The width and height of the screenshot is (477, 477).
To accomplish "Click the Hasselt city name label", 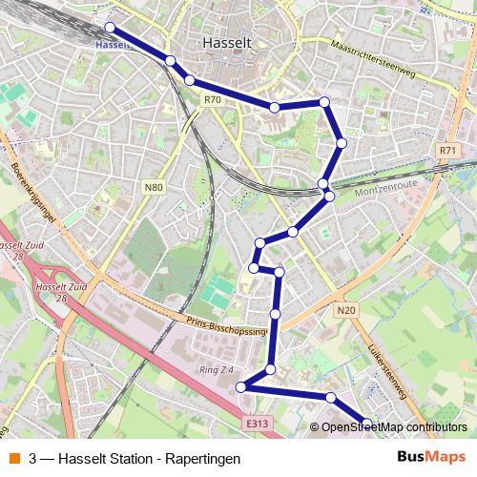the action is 227,43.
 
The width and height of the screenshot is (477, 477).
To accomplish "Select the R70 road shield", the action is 212,98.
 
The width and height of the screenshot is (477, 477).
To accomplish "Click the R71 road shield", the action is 449,151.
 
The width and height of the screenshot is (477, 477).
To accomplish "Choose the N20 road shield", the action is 345,310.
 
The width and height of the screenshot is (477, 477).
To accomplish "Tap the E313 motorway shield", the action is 256,424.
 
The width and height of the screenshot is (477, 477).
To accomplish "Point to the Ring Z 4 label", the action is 218,368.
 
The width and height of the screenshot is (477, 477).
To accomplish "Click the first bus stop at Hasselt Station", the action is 110,28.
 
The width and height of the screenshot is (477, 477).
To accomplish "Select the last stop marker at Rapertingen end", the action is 367,423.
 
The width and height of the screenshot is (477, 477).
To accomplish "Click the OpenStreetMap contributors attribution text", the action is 394,427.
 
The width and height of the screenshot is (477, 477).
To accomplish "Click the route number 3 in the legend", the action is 33,459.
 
